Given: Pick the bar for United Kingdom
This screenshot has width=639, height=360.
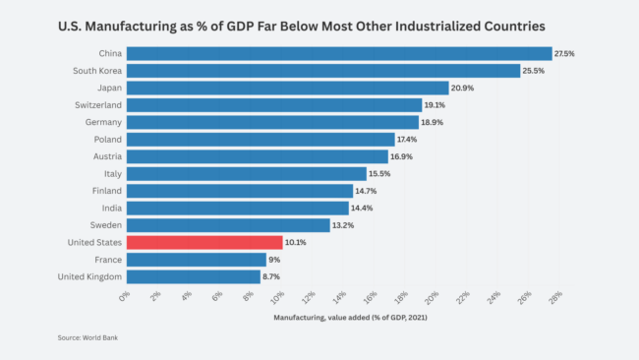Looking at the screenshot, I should (x=193, y=277).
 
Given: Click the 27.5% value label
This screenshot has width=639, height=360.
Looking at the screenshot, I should (x=564, y=53).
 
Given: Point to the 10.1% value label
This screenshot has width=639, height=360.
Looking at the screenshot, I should (x=296, y=242).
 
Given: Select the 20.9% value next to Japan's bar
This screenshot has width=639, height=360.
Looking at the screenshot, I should (x=462, y=88).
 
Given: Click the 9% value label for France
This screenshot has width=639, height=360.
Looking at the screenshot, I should (x=275, y=260).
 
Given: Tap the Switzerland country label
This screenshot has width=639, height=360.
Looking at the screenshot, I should (x=98, y=105).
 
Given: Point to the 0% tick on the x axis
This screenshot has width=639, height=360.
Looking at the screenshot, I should (x=124, y=297).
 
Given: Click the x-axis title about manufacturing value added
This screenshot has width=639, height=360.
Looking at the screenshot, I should (x=339, y=318).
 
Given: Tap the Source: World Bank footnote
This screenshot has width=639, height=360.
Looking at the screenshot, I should (x=87, y=337).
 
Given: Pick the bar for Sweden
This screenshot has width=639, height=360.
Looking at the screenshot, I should (x=228, y=225).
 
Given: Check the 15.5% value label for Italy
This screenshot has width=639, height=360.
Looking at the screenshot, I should (x=378, y=173).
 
